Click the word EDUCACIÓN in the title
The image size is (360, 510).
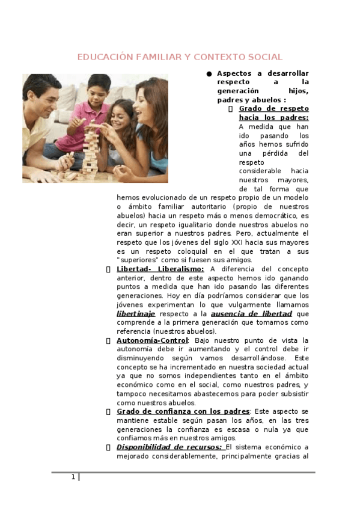(100, 57)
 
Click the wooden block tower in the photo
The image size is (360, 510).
(91, 149)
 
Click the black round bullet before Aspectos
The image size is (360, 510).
(209, 73)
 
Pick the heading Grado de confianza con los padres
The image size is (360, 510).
(174, 411)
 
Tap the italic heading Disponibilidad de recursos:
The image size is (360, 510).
(169, 447)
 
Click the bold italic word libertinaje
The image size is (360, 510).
(136, 313)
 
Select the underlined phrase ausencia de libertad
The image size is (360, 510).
(251, 313)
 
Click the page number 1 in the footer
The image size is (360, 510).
(73, 477)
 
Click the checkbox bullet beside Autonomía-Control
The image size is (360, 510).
(108, 340)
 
